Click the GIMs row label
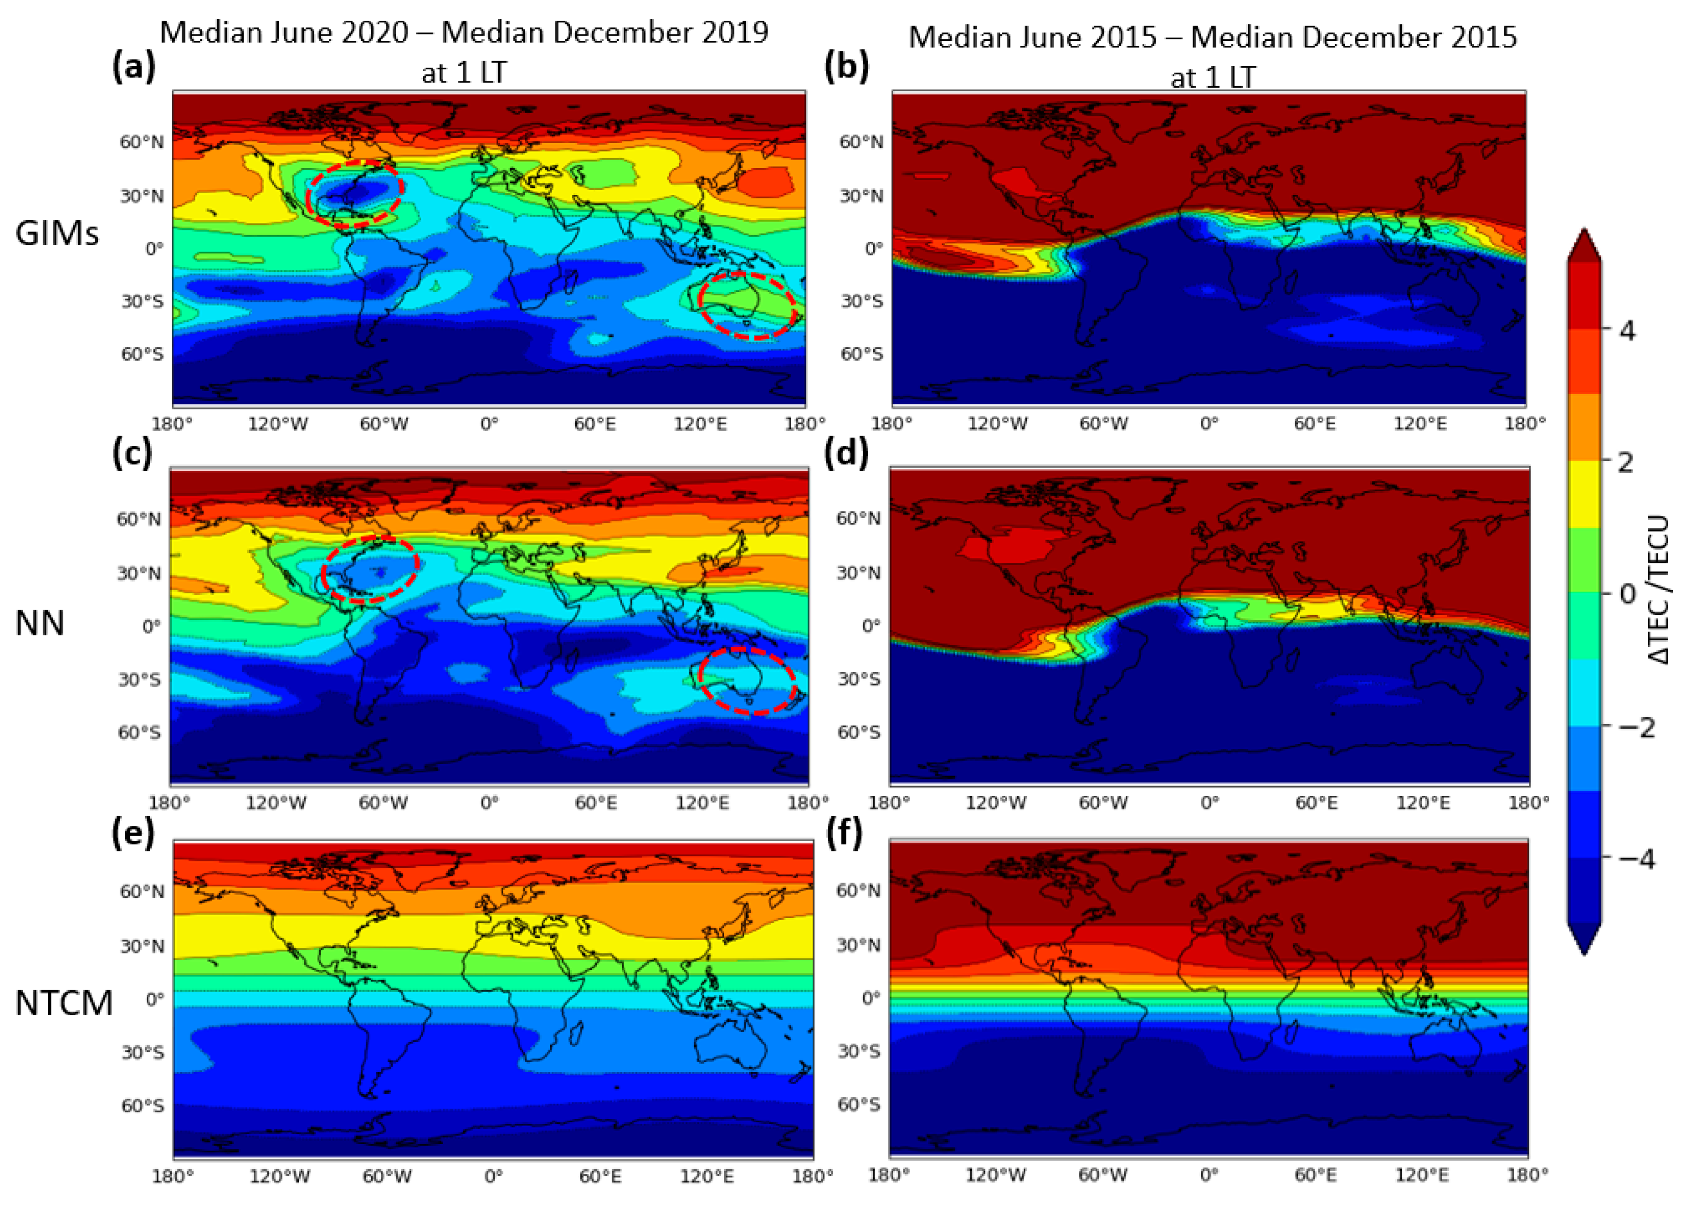(x=57, y=234)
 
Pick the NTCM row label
(x=64, y=1003)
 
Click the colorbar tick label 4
(x=1628, y=330)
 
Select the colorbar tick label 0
(x=1628, y=594)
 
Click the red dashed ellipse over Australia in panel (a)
(x=746, y=305)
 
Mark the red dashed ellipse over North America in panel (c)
(x=371, y=569)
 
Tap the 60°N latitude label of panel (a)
(x=141, y=141)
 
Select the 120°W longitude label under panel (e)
(x=278, y=1176)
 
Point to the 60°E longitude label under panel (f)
(x=1315, y=1175)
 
